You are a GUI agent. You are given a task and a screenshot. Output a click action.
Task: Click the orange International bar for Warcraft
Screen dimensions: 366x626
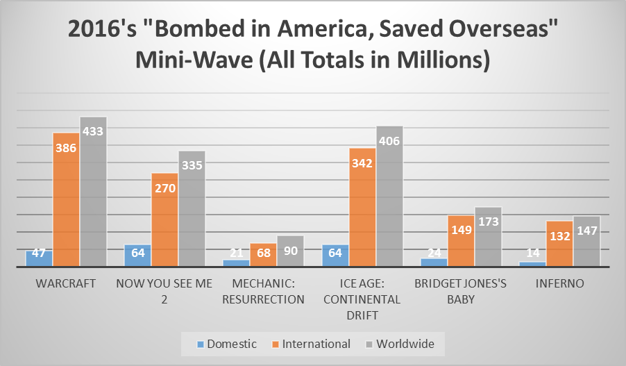(66, 201)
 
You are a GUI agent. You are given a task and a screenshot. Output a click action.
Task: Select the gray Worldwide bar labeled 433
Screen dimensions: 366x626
(93, 194)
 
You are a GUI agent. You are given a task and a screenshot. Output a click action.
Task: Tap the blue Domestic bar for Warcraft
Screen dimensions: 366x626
(39, 258)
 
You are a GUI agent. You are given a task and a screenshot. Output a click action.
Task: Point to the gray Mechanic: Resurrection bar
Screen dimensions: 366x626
(290, 251)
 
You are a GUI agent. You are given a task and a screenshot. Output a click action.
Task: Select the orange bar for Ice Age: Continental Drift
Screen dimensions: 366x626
(362, 208)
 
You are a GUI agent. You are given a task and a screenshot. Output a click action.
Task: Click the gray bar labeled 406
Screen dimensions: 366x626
(389, 198)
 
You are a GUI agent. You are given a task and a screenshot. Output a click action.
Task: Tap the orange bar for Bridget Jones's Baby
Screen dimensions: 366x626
(461, 242)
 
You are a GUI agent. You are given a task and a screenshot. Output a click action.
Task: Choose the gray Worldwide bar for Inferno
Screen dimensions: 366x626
(586, 242)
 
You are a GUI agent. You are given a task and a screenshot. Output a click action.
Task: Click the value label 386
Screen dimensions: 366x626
(66, 147)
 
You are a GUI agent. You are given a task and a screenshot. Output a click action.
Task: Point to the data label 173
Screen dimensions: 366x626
(488, 223)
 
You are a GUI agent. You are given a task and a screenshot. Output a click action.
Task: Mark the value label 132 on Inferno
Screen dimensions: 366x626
(559, 236)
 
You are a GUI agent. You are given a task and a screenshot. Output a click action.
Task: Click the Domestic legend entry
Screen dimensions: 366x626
(226, 344)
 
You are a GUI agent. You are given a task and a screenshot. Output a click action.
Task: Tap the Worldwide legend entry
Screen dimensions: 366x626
(401, 344)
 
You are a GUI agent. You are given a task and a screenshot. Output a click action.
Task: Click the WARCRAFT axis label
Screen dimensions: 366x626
(66, 284)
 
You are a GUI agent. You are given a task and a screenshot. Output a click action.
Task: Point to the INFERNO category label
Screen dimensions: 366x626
(559, 284)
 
